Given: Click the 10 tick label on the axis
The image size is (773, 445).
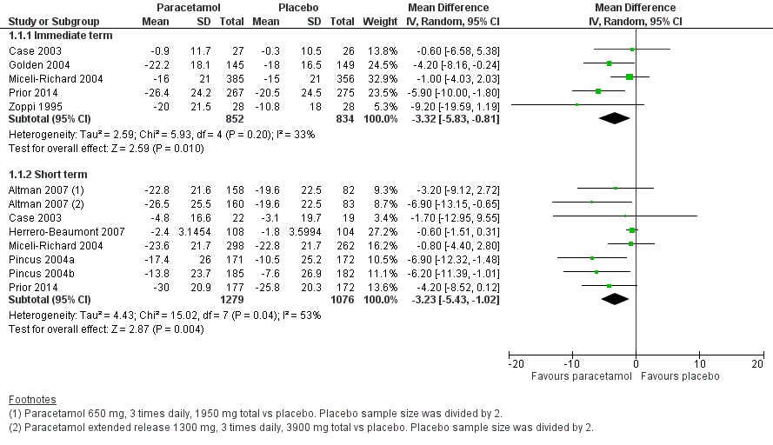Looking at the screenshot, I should (x=697, y=363).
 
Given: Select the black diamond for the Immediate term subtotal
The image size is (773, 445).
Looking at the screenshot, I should (x=615, y=118).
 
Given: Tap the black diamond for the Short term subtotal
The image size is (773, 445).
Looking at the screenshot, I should (x=616, y=299).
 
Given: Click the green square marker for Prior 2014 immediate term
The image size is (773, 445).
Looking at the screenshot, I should (x=598, y=90).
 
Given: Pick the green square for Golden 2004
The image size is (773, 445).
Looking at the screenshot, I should (x=610, y=63).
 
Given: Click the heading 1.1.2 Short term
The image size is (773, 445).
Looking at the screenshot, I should (x=42, y=174).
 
